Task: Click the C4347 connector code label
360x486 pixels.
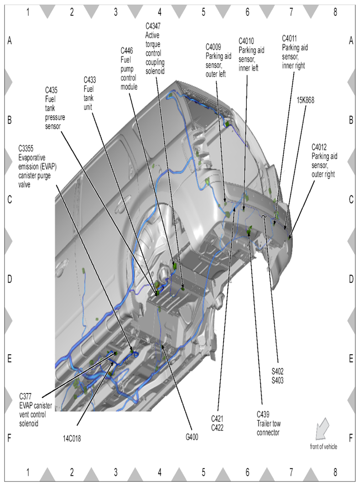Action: coord(153,26)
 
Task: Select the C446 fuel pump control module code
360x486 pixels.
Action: coord(127,51)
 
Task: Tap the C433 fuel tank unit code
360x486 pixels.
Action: coord(89,80)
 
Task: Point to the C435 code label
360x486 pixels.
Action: coord(51,90)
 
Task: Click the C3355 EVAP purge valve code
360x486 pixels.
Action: coord(26,148)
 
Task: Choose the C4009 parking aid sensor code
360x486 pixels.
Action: coord(214,47)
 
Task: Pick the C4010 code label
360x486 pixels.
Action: coord(246,41)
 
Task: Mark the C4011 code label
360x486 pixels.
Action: coord(289,38)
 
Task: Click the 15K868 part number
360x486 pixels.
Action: coord(305,100)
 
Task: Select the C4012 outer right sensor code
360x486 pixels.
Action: coord(319,147)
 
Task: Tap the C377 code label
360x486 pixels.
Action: coord(26,397)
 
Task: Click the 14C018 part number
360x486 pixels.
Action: coord(72,439)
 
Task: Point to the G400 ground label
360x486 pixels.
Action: coord(192,437)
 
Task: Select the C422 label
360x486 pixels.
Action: coord(217,428)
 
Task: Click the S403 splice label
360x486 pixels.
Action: coord(277,380)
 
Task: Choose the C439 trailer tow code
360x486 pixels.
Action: coord(263,414)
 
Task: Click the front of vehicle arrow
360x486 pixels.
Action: coord(322,429)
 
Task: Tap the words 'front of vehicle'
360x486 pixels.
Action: coord(323,447)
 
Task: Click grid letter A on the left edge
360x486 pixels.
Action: coord(10,40)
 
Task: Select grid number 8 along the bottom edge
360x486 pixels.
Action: coord(335,472)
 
